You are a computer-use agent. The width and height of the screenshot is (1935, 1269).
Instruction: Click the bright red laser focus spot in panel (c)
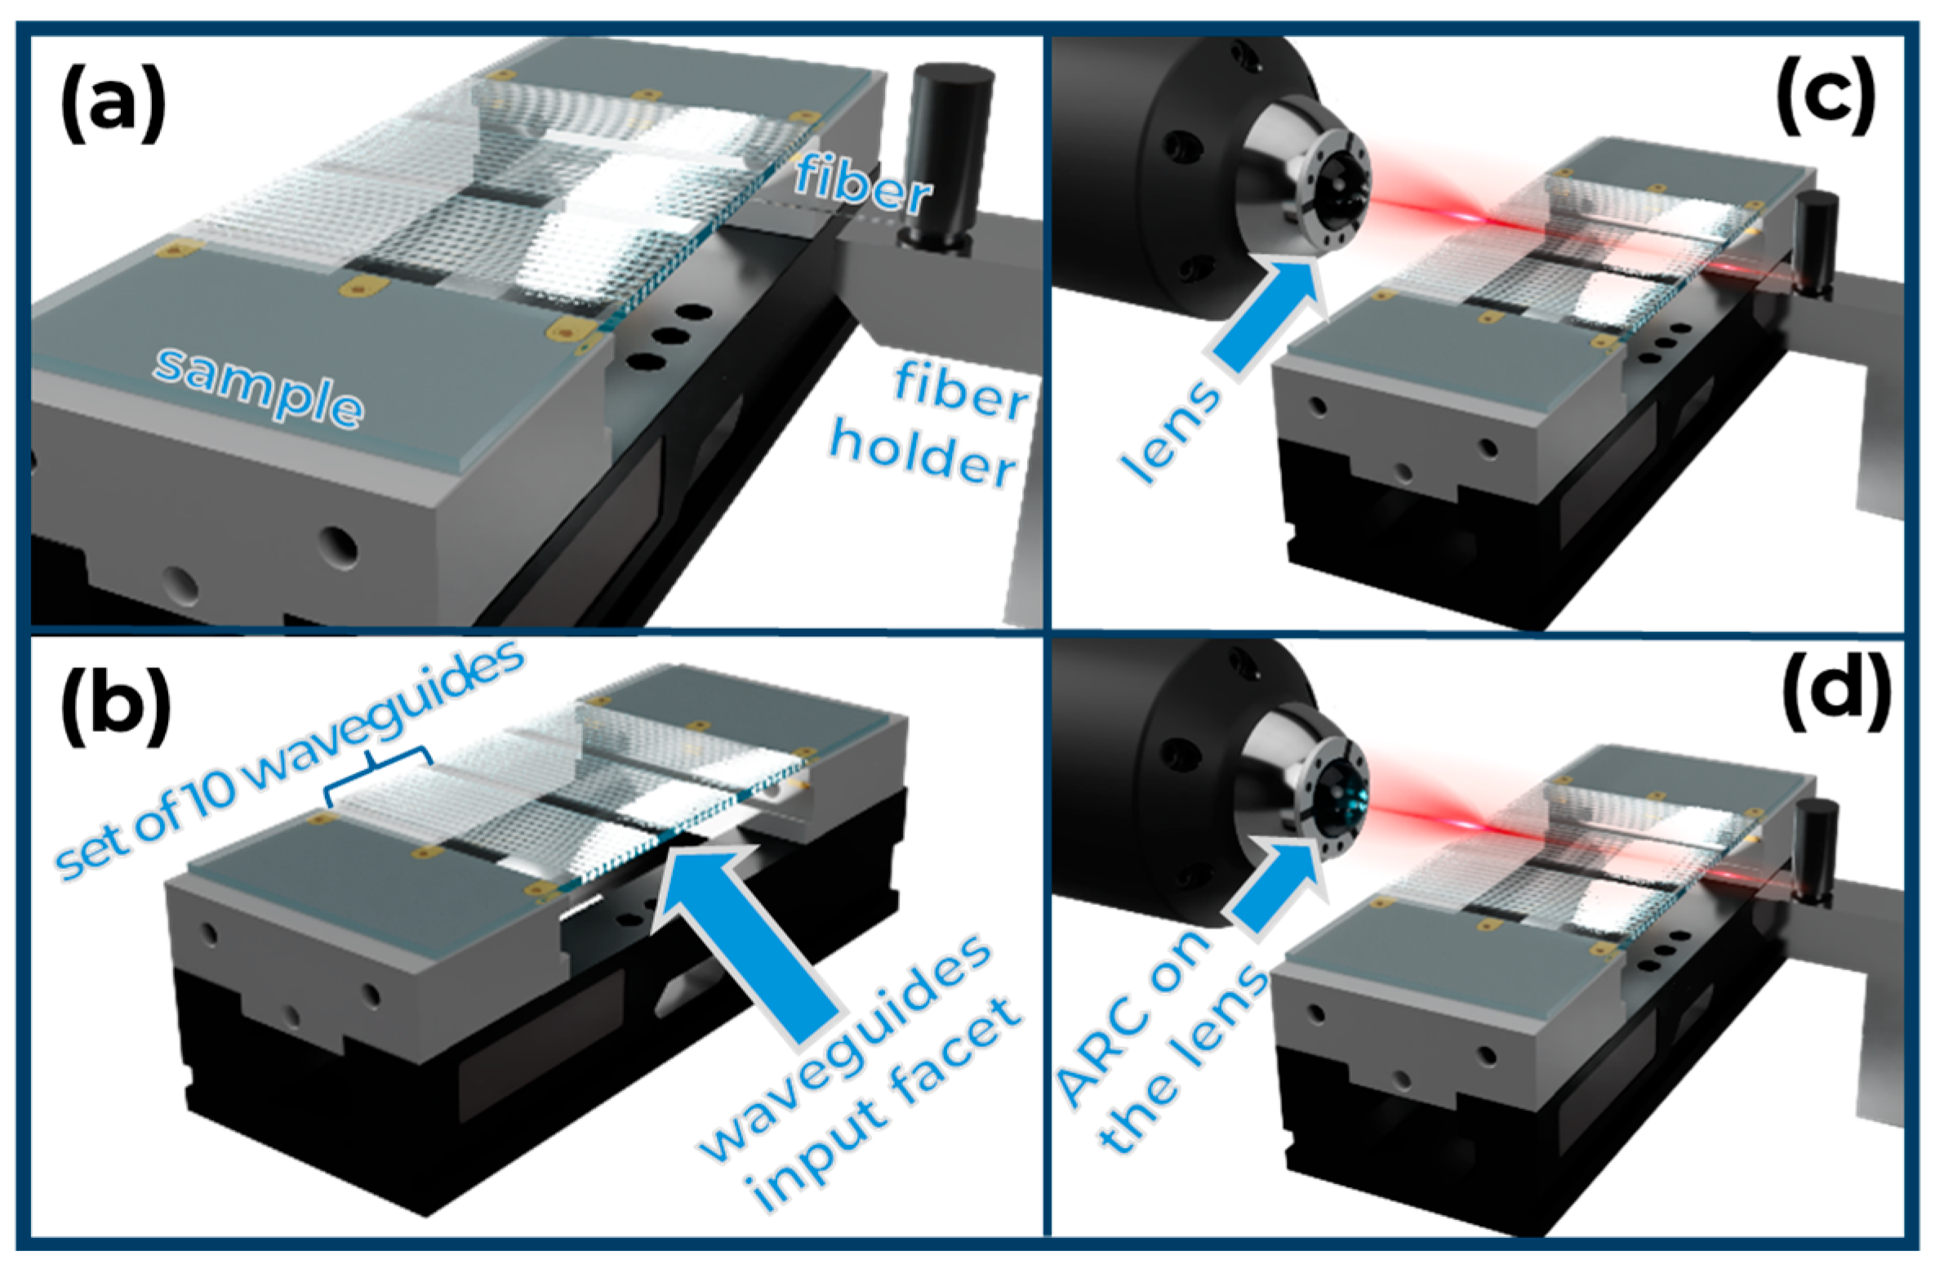pos(1470,217)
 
